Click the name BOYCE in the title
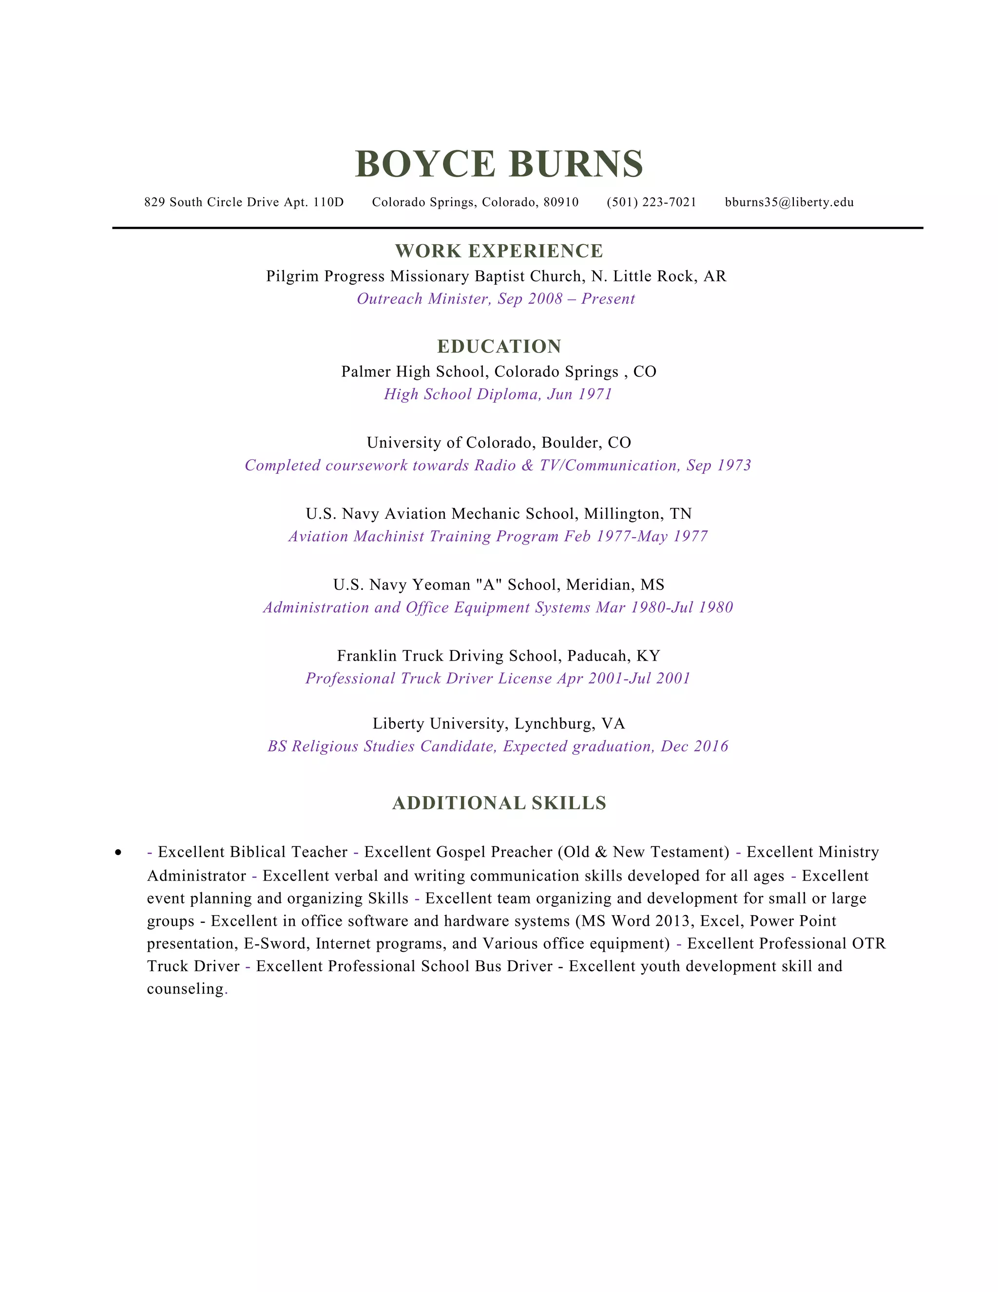(x=424, y=164)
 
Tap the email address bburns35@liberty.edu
(x=789, y=202)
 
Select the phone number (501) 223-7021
(x=651, y=202)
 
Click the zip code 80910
(x=560, y=202)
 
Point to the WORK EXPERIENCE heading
(x=499, y=251)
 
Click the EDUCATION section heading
(x=499, y=346)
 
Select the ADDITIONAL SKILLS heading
(x=499, y=803)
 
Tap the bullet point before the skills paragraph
(x=119, y=852)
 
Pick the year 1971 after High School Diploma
(x=595, y=394)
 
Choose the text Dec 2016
(x=694, y=746)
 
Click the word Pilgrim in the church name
(x=292, y=276)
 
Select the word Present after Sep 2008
(x=608, y=299)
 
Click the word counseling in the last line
(x=185, y=989)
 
